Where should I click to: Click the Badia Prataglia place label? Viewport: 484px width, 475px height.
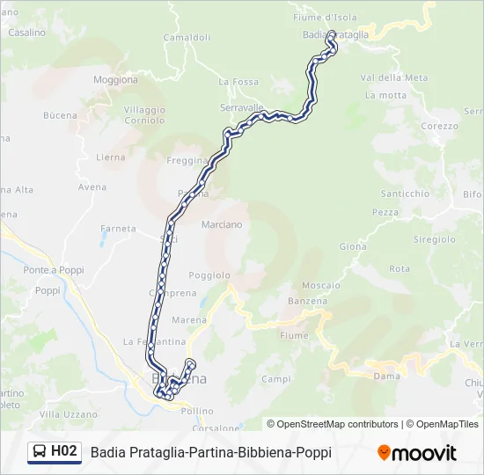pos(335,33)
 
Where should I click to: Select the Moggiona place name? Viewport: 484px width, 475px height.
pos(115,80)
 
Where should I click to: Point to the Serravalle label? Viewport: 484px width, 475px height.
pos(242,107)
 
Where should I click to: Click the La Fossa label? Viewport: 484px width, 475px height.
pos(239,82)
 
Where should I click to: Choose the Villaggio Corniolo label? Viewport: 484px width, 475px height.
pos(144,115)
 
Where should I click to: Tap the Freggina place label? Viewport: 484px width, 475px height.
pos(186,161)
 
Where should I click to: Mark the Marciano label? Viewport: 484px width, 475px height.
pos(222,224)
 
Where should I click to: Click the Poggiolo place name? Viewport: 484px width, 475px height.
pos(209,274)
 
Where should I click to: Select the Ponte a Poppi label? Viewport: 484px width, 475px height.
pos(51,269)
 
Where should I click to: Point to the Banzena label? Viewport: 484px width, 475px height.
pos(307,301)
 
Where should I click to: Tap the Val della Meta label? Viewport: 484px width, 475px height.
pos(394,77)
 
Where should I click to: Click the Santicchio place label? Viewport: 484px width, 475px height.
pos(405,194)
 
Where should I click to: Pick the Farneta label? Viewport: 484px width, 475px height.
pos(119,229)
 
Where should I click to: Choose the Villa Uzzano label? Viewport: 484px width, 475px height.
pos(68,413)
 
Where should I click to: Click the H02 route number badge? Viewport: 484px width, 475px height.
pos(63,452)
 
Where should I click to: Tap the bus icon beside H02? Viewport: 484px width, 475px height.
pos(40,452)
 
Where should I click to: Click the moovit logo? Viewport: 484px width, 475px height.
pos(417,453)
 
